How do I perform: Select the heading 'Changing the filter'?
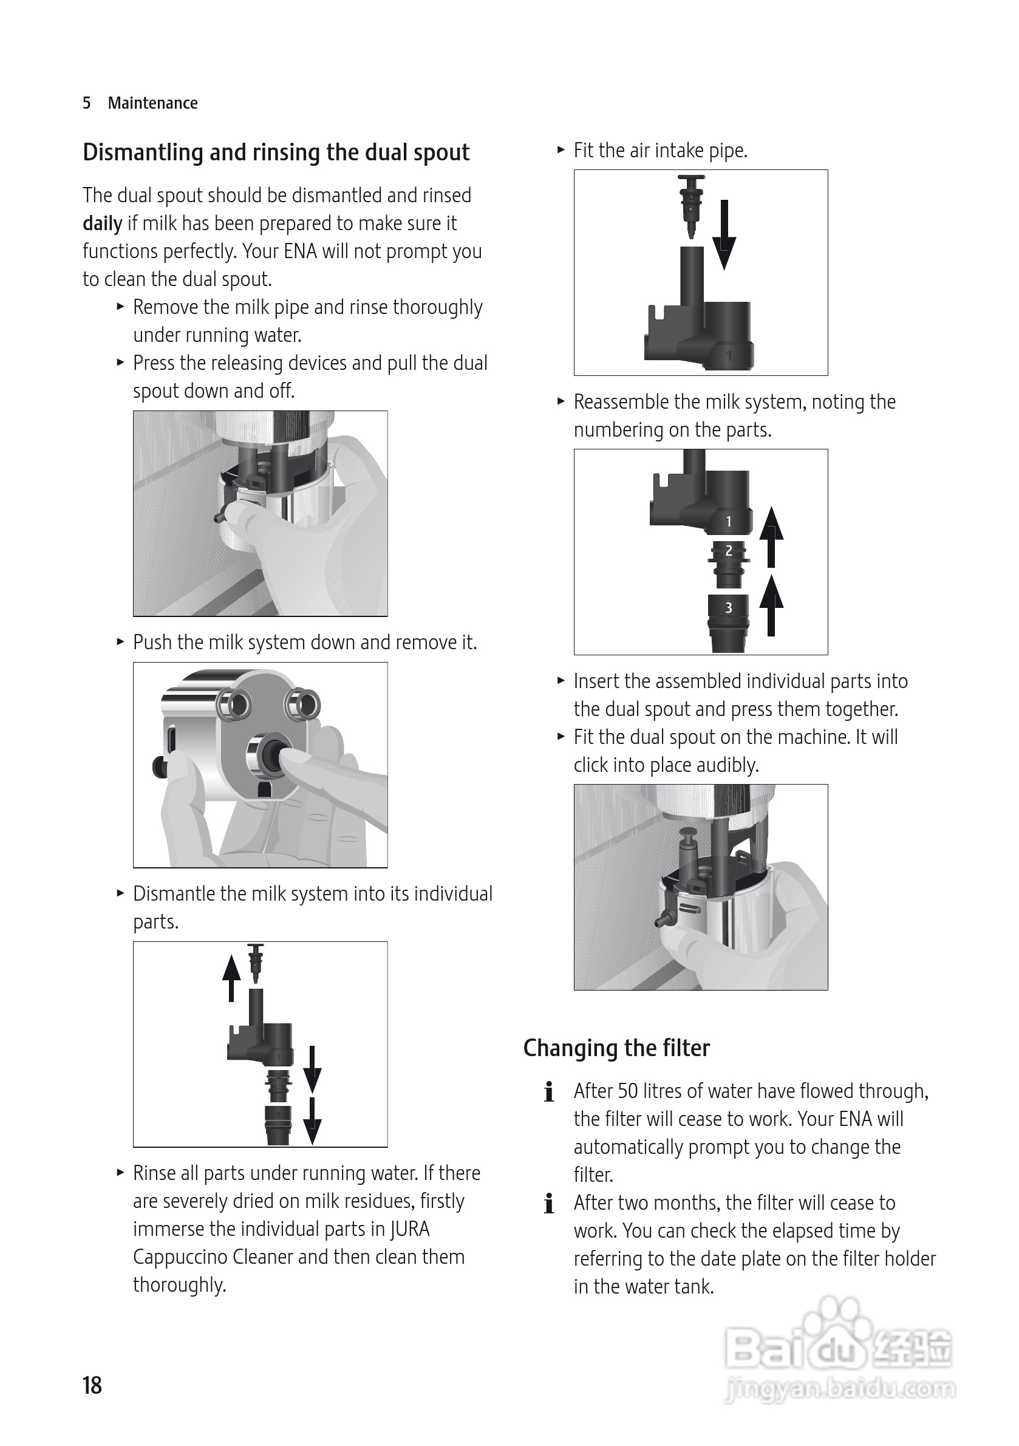pyautogui.click(x=616, y=1048)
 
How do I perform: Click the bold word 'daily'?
pyautogui.click(x=102, y=223)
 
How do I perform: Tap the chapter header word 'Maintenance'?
pyautogui.click(x=152, y=103)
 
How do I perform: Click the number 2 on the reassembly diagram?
pyautogui.click(x=729, y=551)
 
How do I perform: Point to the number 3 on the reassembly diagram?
pyautogui.click(x=729, y=608)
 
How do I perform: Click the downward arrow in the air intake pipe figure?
pyautogui.click(x=724, y=235)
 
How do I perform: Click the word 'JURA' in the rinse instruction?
pyautogui.click(x=409, y=1229)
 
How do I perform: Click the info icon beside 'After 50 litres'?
pyautogui.click(x=549, y=1091)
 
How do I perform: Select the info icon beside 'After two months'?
pyautogui.click(x=549, y=1204)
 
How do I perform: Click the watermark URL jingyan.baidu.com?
pyautogui.click(x=840, y=1389)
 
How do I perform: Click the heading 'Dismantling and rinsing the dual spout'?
pyautogui.click(x=276, y=152)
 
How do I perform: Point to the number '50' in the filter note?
pyautogui.click(x=628, y=1091)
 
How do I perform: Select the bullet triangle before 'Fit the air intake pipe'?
pyautogui.click(x=561, y=150)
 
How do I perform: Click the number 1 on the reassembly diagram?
pyautogui.click(x=729, y=522)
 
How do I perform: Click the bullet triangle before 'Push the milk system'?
pyautogui.click(x=120, y=642)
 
